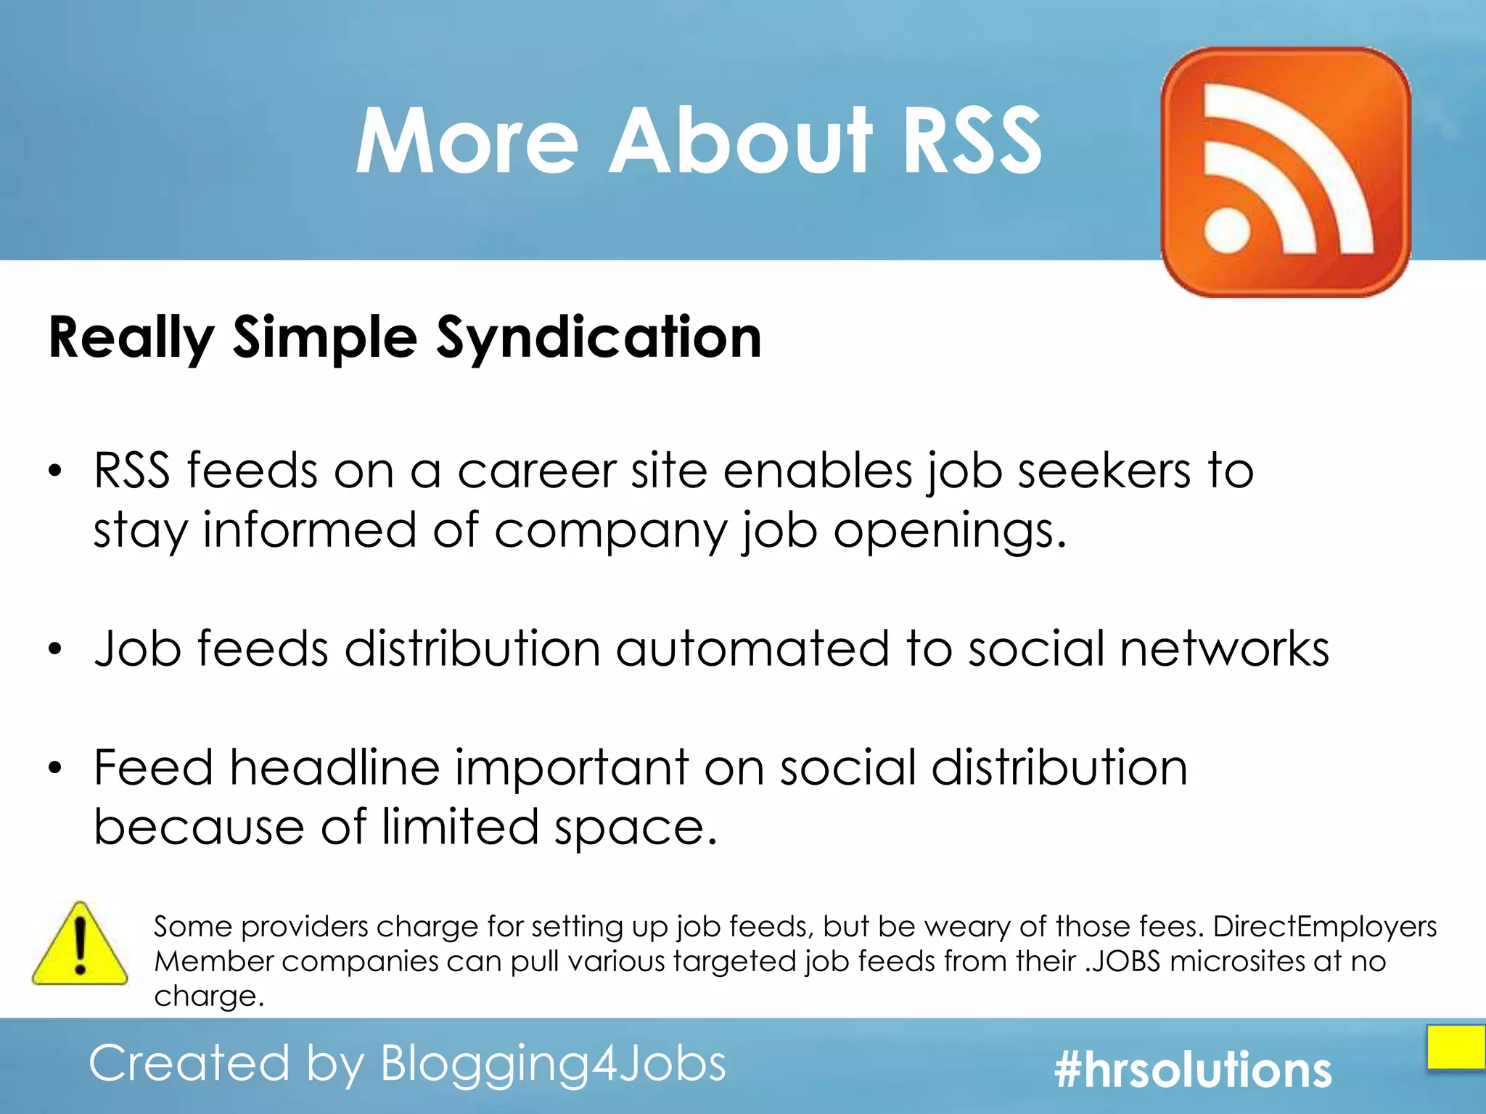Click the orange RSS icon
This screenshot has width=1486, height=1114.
[1286, 172]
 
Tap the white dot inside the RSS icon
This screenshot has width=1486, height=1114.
[1228, 231]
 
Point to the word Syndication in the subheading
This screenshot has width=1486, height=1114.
[599, 339]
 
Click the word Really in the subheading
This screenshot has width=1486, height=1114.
[131, 339]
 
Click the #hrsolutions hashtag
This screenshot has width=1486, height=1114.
[1193, 1070]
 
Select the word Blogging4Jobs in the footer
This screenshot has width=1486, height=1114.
[553, 1064]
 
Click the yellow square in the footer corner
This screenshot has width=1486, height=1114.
[1456, 1047]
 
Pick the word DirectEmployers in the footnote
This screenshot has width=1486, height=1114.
[1324, 927]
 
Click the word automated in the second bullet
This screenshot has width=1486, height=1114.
[752, 648]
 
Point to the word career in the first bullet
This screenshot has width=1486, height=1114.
[536, 471]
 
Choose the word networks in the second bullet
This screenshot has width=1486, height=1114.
[1224, 648]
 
